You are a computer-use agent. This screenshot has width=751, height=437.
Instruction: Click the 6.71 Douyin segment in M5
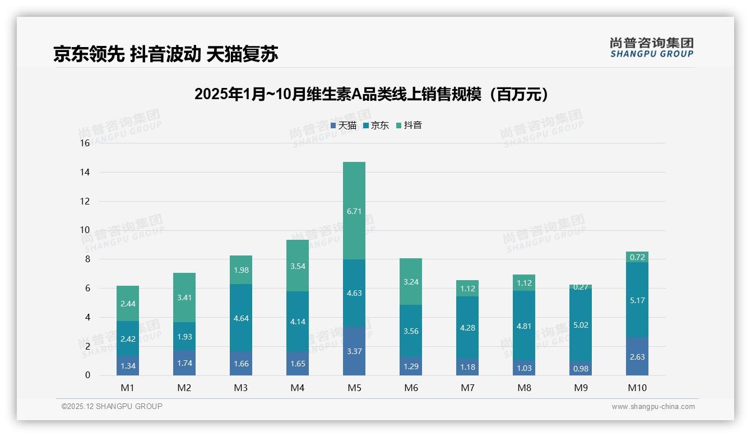(x=354, y=211)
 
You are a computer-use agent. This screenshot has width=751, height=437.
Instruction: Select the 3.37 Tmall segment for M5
(x=354, y=351)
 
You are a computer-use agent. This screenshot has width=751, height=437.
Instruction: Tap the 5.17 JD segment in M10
(x=637, y=300)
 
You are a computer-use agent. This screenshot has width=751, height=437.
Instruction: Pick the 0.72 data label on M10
(x=637, y=257)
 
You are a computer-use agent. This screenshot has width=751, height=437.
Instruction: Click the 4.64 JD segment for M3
(x=241, y=318)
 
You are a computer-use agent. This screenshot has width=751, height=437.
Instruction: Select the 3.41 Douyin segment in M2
(x=184, y=297)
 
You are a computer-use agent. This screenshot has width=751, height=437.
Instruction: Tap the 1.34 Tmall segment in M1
(x=128, y=366)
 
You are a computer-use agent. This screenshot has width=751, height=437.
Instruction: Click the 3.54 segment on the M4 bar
(x=298, y=266)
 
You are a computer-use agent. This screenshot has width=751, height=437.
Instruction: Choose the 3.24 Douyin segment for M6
(x=411, y=282)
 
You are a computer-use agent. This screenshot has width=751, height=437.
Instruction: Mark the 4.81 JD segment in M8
(x=524, y=326)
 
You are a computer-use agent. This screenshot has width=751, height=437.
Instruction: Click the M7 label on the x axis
(x=467, y=388)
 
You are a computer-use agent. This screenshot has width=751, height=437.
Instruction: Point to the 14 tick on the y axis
(x=85, y=172)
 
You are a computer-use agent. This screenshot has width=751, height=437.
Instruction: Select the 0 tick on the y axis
(x=87, y=375)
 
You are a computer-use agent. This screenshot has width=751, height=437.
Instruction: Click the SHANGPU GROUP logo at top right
(x=651, y=48)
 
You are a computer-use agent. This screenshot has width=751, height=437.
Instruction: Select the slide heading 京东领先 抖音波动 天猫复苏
(x=166, y=54)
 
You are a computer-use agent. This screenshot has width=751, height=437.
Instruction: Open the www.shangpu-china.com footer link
(x=653, y=407)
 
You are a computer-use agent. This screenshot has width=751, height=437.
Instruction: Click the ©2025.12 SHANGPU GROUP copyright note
(x=112, y=407)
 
